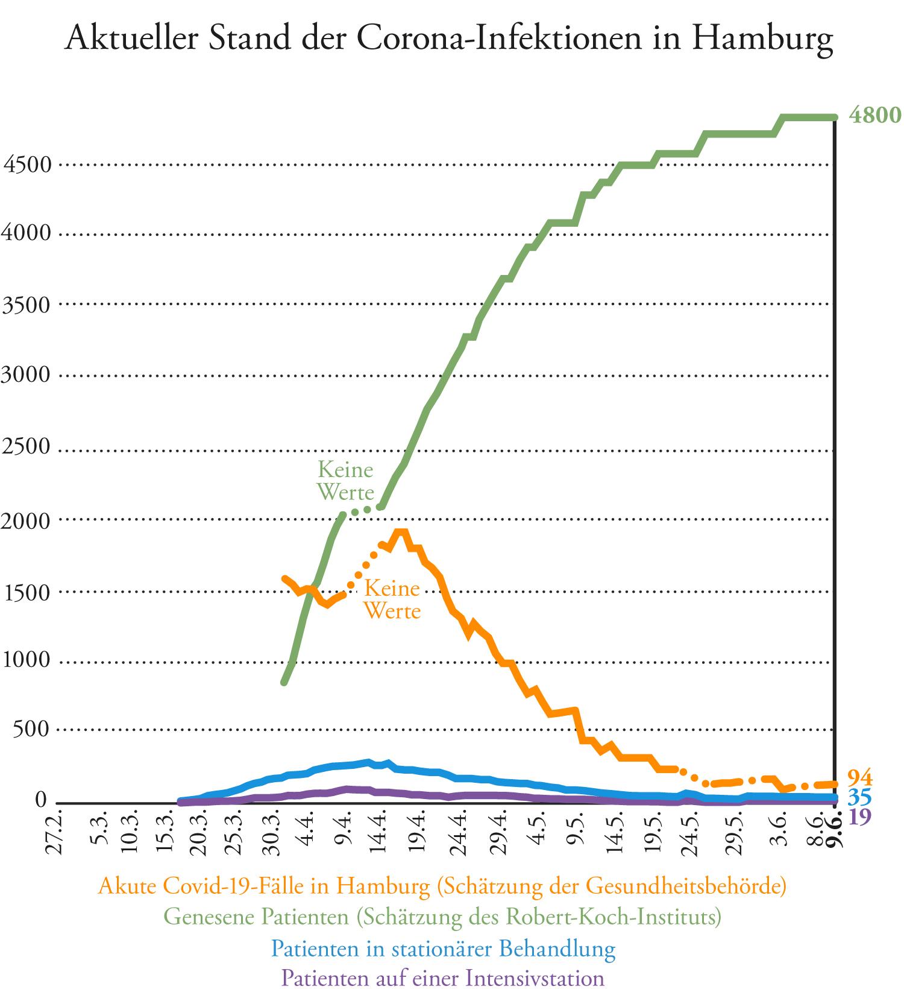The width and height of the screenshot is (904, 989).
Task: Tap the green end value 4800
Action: point(874,115)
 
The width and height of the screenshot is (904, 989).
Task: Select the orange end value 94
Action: point(860,777)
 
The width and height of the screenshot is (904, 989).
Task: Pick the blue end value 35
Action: point(860,798)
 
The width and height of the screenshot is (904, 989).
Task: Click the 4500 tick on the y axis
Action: point(27,164)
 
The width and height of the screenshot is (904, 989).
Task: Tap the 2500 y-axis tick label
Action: point(27,447)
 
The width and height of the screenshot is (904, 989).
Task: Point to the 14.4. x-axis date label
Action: point(381,836)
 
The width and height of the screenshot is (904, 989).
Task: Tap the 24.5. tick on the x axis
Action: point(692,836)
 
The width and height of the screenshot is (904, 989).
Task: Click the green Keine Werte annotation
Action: point(345,481)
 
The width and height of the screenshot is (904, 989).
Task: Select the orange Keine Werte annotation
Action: point(392,599)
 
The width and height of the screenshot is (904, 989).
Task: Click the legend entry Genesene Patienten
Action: point(442,917)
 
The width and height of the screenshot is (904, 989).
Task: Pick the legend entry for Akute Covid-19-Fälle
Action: point(442,886)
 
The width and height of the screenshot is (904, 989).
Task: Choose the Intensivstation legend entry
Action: point(443,978)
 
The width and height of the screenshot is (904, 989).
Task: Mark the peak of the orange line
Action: point(401,532)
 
